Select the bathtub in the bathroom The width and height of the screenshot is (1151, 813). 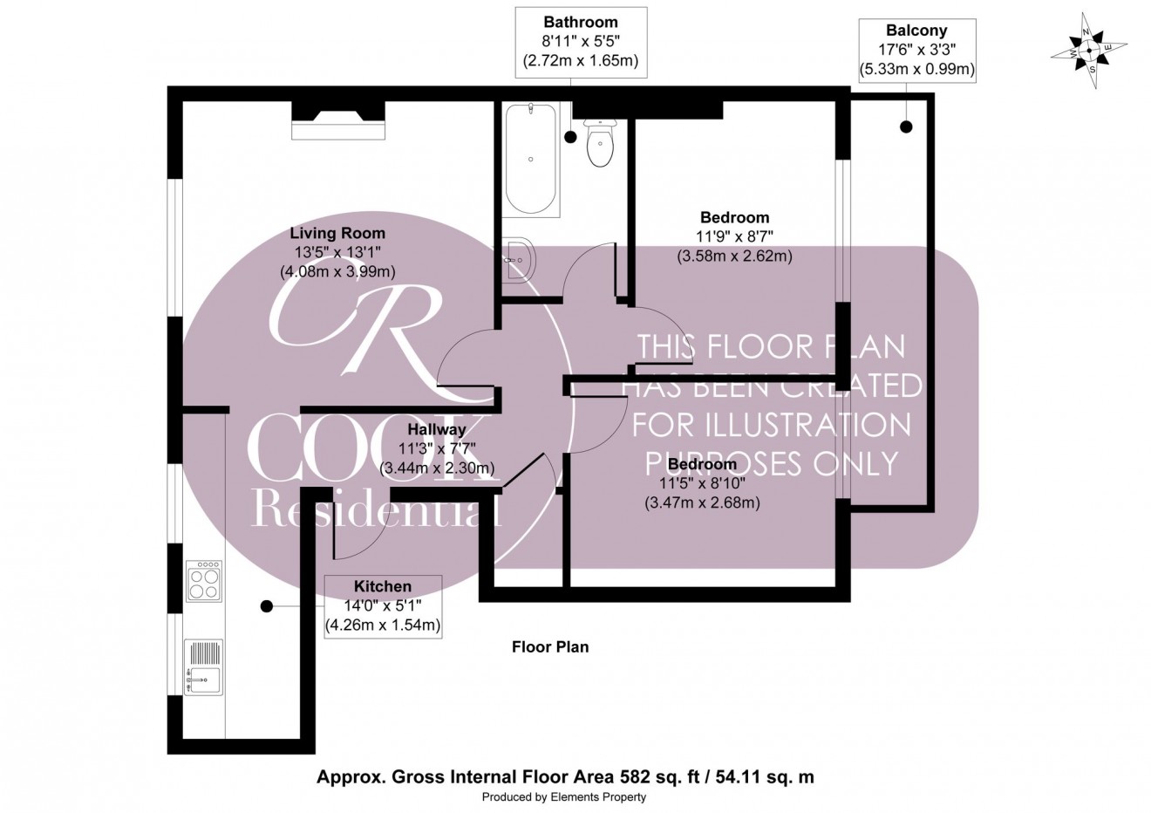pos(531,160)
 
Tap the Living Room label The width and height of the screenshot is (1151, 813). pos(337,233)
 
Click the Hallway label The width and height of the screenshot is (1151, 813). pos(437,429)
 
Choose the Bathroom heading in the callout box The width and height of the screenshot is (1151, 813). pos(580,22)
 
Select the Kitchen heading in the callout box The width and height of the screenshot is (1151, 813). pos(382,586)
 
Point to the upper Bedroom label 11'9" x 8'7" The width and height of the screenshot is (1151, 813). pos(734,217)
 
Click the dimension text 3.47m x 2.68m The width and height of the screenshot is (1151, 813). pos(702,502)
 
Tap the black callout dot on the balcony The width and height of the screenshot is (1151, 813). pos(906,127)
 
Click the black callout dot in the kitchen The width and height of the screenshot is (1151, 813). pos(267,605)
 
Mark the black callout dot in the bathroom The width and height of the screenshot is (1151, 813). pos(570,137)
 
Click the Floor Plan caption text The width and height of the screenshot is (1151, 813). pos(549,646)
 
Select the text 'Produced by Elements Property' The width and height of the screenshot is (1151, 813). pos(564,797)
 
